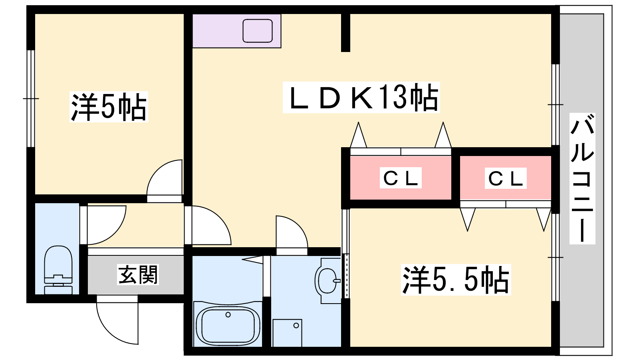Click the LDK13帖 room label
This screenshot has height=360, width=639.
coord(361,98)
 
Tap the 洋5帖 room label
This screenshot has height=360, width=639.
coord(109,107)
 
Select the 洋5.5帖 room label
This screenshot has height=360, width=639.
coord(456,280)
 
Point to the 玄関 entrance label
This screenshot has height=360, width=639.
coord(138,275)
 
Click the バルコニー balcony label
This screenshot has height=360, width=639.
coord(582,178)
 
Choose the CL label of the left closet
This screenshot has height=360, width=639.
coord(401,178)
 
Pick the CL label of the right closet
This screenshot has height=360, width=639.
coord(506,178)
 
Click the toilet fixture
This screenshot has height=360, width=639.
coord(58,270)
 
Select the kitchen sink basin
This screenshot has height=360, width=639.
coord(258,30)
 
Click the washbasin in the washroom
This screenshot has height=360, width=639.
coord(327,280)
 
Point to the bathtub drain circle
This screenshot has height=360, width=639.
coord(228,315)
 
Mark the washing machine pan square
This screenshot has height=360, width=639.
coord(287,333)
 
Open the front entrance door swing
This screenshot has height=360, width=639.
coord(117,320)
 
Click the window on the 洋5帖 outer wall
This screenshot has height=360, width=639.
coord(31,98)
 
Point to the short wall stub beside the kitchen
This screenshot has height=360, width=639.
coord(346,32)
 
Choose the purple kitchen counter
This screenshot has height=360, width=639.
coord(237,30)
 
